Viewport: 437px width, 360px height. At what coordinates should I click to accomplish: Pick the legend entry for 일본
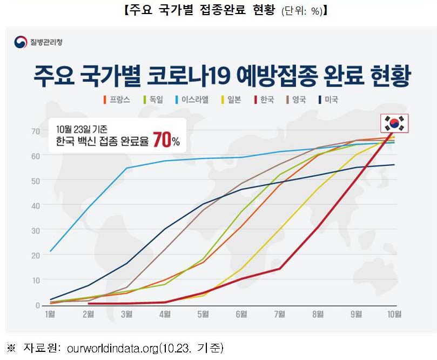(231, 100)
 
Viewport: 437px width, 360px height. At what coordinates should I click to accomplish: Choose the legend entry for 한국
(263, 100)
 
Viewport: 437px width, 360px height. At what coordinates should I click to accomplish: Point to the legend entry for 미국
(328, 100)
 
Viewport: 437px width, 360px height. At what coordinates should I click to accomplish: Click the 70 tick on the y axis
(36, 131)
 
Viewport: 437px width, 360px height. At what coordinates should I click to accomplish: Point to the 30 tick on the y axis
(36, 230)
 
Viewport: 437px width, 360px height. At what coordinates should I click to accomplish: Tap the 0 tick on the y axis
(38, 305)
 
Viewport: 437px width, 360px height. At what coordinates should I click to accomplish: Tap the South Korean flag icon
(394, 124)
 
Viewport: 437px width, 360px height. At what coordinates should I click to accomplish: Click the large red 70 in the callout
(162, 140)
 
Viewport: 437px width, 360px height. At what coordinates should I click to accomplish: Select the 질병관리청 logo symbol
(21, 42)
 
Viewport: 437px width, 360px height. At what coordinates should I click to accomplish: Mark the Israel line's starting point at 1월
(50, 251)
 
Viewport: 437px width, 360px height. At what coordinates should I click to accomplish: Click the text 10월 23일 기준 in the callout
(82, 129)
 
